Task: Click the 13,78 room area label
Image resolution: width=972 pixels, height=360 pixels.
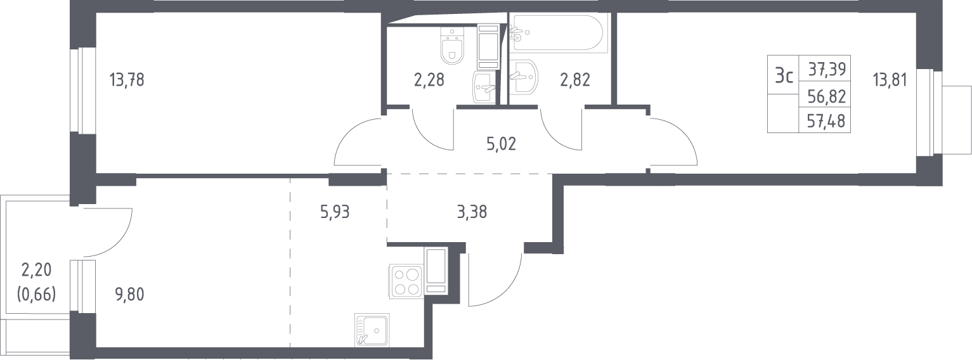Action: click(127, 80)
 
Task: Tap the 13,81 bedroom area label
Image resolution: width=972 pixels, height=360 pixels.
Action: click(890, 80)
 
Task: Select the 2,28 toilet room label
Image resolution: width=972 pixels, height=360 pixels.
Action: click(429, 80)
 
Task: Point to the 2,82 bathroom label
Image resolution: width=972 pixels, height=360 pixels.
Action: click(575, 80)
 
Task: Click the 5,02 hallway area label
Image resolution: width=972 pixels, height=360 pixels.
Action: click(501, 144)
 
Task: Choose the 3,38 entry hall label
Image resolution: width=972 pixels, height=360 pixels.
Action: click(472, 212)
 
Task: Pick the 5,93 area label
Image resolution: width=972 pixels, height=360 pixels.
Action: click(335, 212)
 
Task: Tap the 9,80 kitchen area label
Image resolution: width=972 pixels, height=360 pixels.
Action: click(129, 295)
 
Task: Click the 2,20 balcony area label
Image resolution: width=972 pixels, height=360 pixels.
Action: click(36, 270)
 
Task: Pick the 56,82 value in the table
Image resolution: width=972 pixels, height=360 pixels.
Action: click(827, 97)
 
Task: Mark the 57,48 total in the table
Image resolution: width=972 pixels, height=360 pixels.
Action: click(826, 121)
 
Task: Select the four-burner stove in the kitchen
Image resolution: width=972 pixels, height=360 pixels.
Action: click(406, 281)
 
